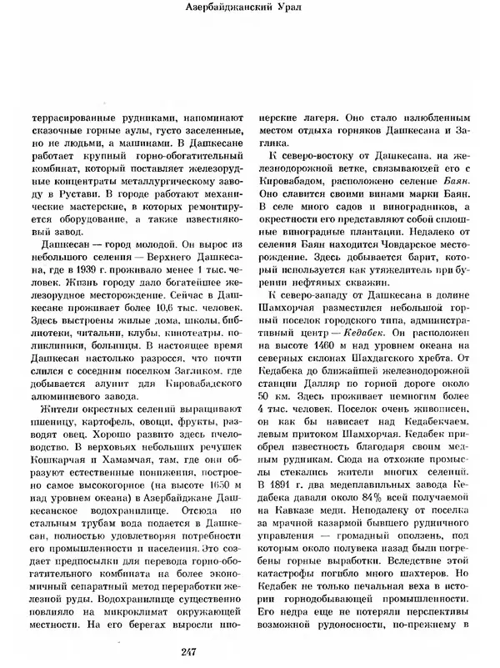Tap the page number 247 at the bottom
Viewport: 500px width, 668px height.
pyautogui.click(x=251, y=653)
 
